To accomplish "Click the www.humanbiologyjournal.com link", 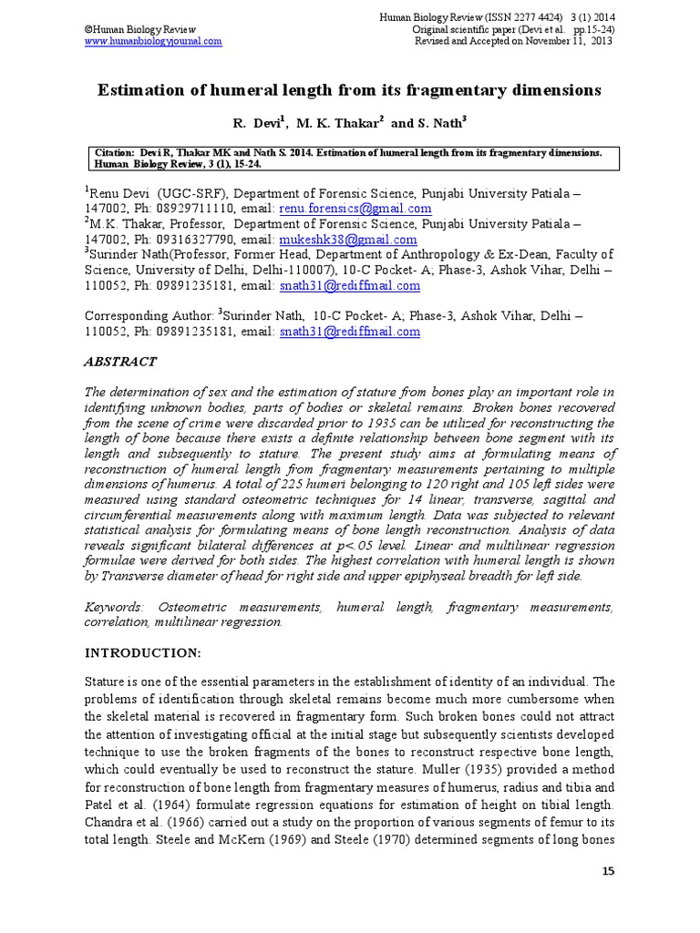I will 153,42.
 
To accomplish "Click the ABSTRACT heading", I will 120,362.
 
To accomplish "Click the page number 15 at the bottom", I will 609,872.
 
